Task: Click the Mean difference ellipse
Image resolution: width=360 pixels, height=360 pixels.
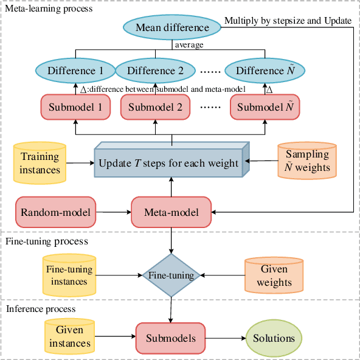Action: point(171,27)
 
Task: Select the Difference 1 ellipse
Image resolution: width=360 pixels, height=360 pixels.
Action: point(75,71)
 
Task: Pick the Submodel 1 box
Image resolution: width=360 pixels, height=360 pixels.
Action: point(75,107)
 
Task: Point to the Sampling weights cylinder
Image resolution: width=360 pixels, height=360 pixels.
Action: point(307,161)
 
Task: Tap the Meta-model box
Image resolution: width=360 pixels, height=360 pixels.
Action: point(171,212)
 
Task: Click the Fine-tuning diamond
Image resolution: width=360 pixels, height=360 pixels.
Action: point(171,275)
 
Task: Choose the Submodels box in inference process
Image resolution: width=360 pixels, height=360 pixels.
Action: point(171,338)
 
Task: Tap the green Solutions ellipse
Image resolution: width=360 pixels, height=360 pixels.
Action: point(274,338)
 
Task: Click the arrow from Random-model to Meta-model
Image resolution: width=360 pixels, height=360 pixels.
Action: point(114,212)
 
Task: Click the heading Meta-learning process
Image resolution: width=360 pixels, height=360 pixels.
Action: point(47,9)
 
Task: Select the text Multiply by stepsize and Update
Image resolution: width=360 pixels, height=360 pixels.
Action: point(288,21)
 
